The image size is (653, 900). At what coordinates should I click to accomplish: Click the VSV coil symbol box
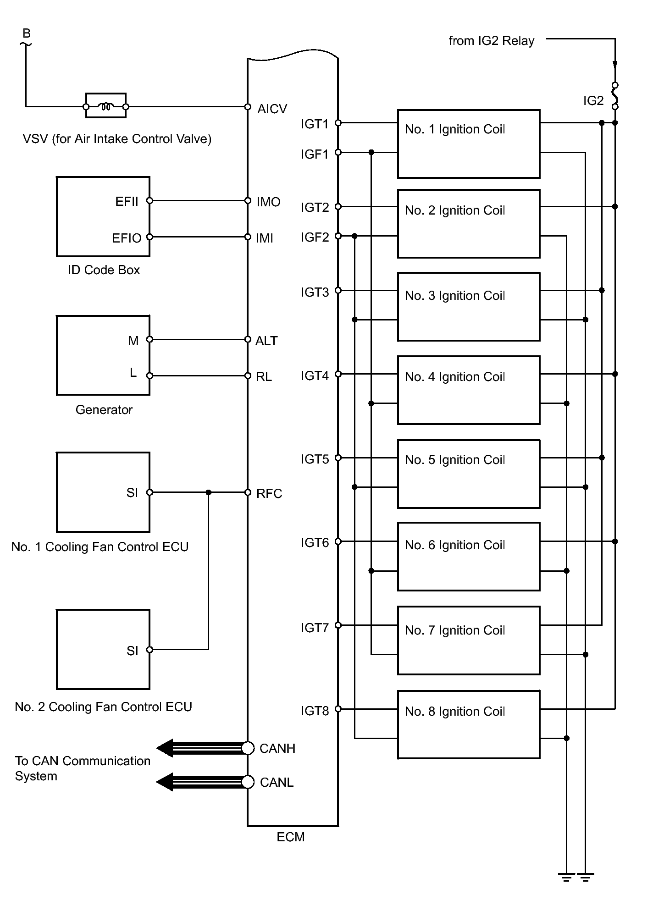pyautogui.click(x=106, y=106)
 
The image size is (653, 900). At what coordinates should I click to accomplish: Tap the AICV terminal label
pyautogui.click(x=272, y=109)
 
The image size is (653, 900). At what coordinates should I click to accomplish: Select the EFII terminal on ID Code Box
pyautogui.click(x=149, y=201)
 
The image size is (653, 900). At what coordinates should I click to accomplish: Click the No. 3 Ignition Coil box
pyautogui.click(x=468, y=307)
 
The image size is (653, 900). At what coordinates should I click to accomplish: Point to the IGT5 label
pyautogui.click(x=315, y=459)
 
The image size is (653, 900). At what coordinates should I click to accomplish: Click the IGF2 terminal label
pyautogui.click(x=315, y=237)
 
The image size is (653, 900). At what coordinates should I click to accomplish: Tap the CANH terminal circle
pyautogui.click(x=248, y=748)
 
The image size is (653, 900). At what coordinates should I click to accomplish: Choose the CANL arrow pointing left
pyautogui.click(x=165, y=782)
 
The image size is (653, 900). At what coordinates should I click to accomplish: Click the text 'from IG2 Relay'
pyautogui.click(x=491, y=41)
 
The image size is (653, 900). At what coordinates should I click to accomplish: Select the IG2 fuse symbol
pyautogui.click(x=615, y=96)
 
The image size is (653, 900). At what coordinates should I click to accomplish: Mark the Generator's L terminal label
pyautogui.click(x=133, y=373)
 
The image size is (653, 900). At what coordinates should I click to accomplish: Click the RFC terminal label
pyautogui.click(x=269, y=494)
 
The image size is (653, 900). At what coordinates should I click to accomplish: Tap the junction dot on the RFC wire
pyautogui.click(x=209, y=492)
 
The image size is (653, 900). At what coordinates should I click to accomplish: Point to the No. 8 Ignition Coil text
pyautogui.click(x=454, y=712)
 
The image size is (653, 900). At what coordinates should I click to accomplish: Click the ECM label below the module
pyautogui.click(x=290, y=837)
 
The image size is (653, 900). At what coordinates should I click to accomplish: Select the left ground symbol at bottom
pyautogui.click(x=567, y=878)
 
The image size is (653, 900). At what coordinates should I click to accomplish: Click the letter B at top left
pyautogui.click(x=27, y=33)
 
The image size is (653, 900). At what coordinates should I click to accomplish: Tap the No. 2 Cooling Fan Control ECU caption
pyautogui.click(x=103, y=707)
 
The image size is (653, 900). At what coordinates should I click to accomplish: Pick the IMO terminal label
pyautogui.click(x=268, y=202)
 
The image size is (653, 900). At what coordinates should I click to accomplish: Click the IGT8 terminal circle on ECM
pyautogui.click(x=338, y=709)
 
